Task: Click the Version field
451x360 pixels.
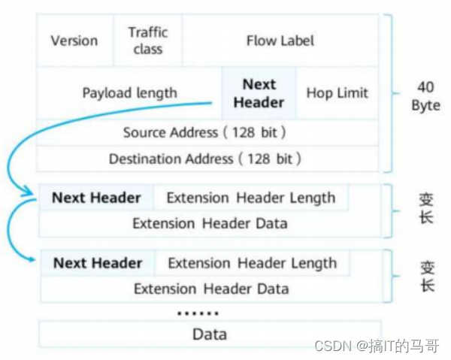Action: click(x=74, y=41)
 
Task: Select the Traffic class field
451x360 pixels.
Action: click(x=147, y=41)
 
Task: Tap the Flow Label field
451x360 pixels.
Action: click(x=280, y=41)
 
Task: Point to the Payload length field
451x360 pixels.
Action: click(x=129, y=93)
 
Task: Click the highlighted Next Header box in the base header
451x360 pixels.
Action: click(x=259, y=93)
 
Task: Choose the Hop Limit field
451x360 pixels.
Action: click(x=337, y=93)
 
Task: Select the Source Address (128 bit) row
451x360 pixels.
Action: click(x=204, y=132)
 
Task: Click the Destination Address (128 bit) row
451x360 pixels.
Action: click(x=204, y=159)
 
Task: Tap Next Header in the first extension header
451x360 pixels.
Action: click(x=95, y=198)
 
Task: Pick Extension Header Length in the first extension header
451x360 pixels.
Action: click(x=250, y=198)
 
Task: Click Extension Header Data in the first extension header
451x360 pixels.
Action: click(x=210, y=223)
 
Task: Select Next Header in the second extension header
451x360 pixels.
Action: click(x=97, y=263)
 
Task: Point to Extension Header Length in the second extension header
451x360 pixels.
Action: click(x=252, y=263)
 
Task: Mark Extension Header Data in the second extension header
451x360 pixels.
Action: click(x=211, y=289)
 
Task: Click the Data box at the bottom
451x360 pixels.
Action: click(x=210, y=334)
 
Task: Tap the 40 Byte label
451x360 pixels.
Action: click(x=425, y=96)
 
